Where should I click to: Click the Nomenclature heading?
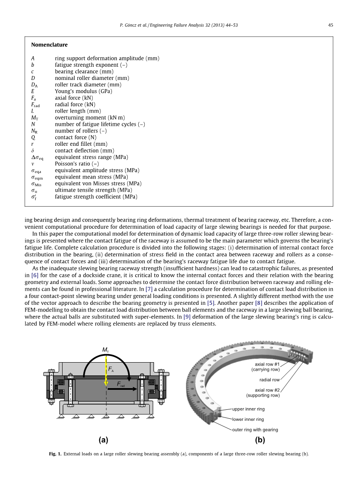tap(49, 45)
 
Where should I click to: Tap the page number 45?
tap(330, 25)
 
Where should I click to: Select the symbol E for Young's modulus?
tap(33, 91)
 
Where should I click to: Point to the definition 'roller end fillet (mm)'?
tap(81, 144)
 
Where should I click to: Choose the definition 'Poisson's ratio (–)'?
tap(77, 164)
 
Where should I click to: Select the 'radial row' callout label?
tap(269, 380)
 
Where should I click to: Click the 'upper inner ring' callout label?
tap(248, 409)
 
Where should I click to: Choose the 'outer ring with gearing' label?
tap(255, 429)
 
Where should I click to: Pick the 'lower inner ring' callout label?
tap(248, 419)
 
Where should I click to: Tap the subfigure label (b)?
tap(260, 440)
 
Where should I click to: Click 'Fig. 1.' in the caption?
tap(55, 454)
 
